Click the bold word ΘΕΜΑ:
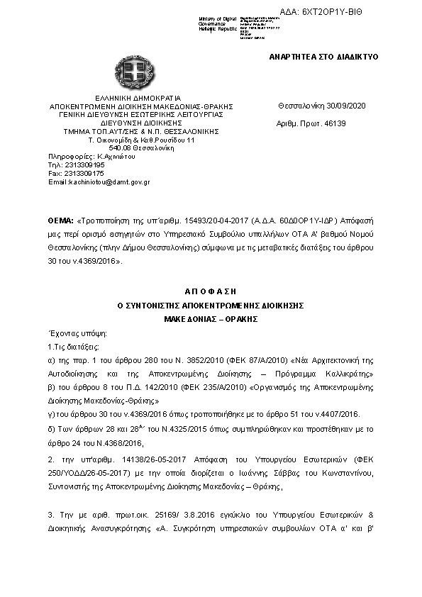[x=61, y=220]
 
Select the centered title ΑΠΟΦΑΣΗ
[x=211, y=291]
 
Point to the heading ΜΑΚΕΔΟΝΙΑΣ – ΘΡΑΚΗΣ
[x=211, y=318]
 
